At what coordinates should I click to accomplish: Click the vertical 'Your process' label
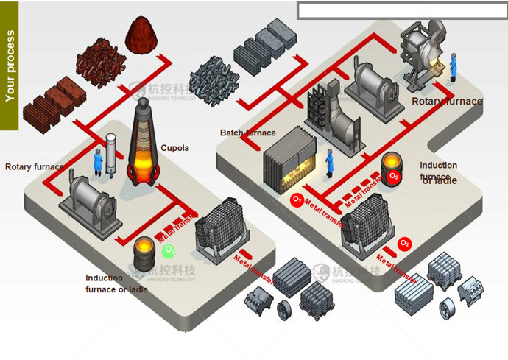[x=10, y=66]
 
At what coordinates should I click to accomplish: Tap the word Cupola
[x=175, y=148]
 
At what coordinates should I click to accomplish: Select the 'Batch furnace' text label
[x=247, y=133]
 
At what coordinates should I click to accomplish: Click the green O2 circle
[x=169, y=251]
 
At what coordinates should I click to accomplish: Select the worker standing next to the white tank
[x=97, y=162]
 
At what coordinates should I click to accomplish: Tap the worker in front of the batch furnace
[x=329, y=162]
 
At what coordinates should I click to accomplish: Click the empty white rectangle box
[x=402, y=10]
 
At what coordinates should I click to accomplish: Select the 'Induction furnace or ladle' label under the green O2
[x=116, y=283]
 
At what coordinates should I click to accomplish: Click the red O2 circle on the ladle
[x=394, y=177]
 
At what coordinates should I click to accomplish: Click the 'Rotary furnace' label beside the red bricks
[x=34, y=166]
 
